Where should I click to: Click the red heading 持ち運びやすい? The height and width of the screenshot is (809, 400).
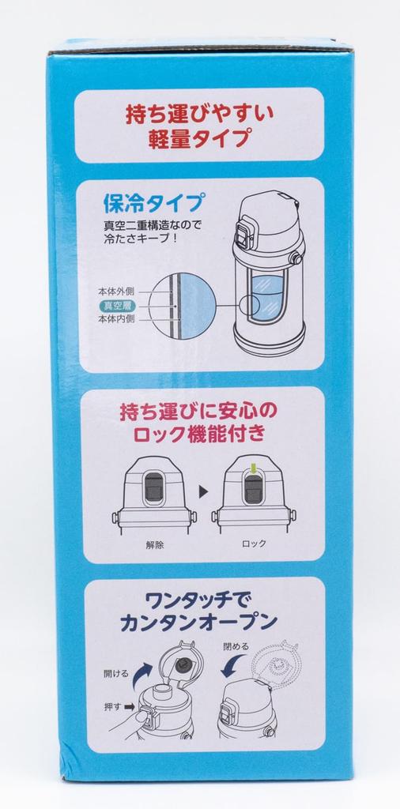[200, 115]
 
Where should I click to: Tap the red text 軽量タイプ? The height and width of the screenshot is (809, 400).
[200, 139]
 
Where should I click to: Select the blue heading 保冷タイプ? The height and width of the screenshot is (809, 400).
[153, 203]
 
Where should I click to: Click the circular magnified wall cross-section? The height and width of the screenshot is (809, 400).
[181, 306]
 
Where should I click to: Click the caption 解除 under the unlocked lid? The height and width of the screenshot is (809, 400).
[155, 544]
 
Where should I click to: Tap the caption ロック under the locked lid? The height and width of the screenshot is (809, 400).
[254, 544]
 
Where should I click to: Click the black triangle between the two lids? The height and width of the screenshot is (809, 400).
[203, 491]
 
